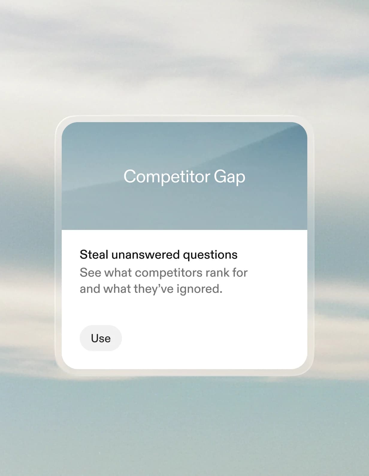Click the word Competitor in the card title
(x=167, y=176)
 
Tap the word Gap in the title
(x=229, y=177)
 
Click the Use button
(x=101, y=338)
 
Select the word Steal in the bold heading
(x=94, y=255)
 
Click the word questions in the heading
(x=210, y=255)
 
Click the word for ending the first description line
(x=240, y=273)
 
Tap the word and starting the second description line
(x=90, y=289)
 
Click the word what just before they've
(x=117, y=289)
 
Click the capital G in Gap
(x=220, y=176)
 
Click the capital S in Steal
(x=83, y=255)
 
